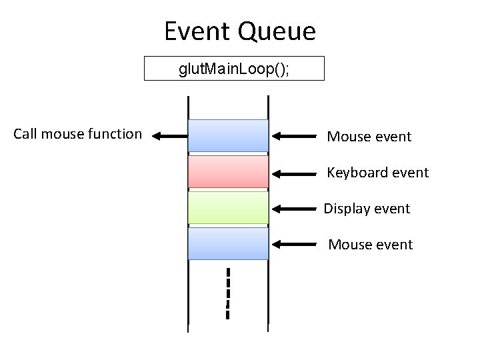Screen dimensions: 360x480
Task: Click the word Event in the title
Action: point(197,31)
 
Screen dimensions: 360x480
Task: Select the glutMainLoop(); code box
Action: point(234,69)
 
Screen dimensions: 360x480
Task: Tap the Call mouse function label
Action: point(77,134)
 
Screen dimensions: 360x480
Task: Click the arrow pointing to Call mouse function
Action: point(169,136)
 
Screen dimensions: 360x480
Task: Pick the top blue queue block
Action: point(228,135)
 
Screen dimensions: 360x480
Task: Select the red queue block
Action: point(228,171)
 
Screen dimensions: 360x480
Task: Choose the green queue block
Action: point(228,207)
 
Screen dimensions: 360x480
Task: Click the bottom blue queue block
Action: point(228,243)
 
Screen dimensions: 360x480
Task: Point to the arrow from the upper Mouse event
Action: point(295,137)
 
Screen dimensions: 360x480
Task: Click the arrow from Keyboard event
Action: point(295,173)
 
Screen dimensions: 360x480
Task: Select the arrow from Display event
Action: point(295,209)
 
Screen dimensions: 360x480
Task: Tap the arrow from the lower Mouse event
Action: point(295,245)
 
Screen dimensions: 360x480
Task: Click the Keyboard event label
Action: point(377,173)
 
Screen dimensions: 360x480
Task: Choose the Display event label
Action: point(367,209)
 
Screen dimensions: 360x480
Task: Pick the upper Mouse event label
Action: point(369,137)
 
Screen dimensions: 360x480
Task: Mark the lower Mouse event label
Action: point(370,245)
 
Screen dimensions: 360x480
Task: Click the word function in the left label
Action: point(115,134)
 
